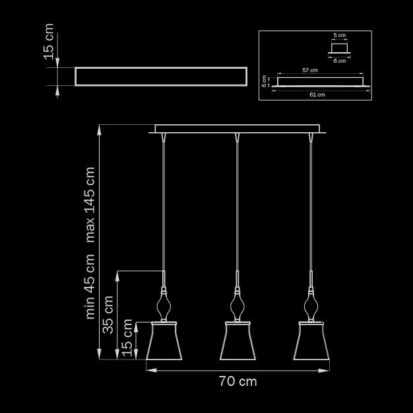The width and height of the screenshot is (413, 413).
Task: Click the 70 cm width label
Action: pos(238,381)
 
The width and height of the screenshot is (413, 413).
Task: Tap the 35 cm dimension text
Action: pos(108,315)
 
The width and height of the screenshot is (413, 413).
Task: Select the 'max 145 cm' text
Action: pos(90,205)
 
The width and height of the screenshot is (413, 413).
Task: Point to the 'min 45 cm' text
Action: pos(90,286)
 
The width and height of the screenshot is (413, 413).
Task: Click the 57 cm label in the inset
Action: pos(310,70)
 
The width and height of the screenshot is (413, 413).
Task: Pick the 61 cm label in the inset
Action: pos(317,94)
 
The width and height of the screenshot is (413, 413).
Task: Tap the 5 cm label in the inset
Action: pos(340,35)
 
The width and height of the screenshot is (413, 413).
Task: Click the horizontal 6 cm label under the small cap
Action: pos(340,61)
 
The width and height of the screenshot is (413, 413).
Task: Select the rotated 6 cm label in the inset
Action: pos(264,81)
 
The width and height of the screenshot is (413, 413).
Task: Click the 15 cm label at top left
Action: pos(49,42)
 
